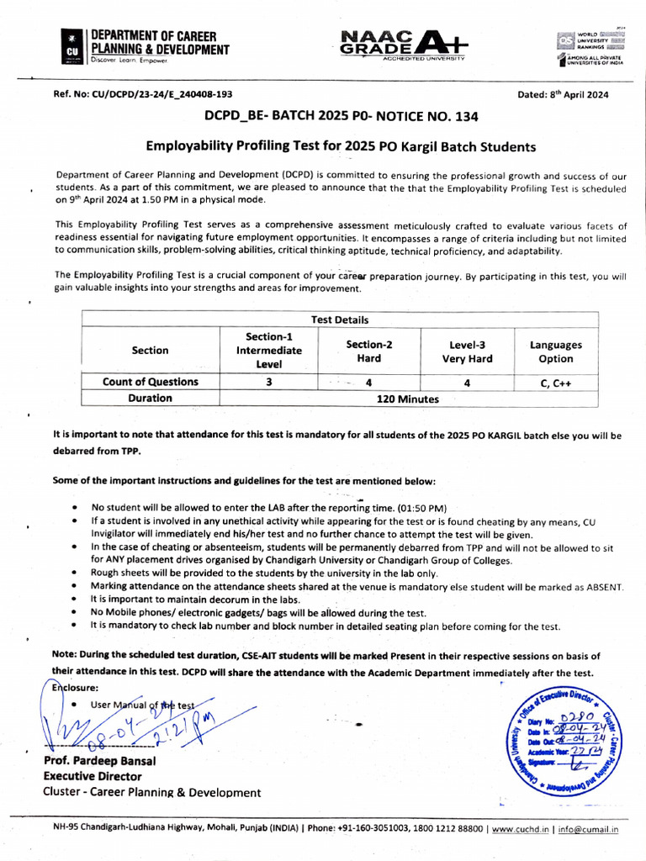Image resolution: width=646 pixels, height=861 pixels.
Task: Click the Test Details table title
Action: point(340,320)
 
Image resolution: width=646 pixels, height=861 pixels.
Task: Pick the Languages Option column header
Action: point(555,351)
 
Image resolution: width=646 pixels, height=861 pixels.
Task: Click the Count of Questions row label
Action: point(150,382)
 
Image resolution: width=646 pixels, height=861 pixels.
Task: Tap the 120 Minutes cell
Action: point(407,399)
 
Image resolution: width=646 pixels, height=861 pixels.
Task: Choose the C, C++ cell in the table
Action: point(555,383)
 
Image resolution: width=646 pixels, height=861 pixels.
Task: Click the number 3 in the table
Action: point(268,382)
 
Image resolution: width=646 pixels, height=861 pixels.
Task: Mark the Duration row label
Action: point(150,399)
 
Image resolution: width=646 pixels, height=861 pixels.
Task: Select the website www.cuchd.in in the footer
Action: point(520,829)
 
